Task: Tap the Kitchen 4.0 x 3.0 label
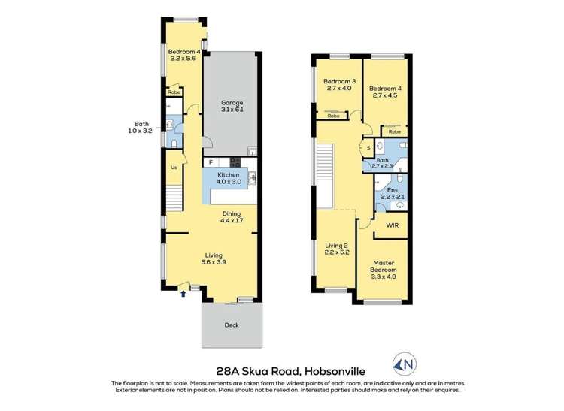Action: click(229, 177)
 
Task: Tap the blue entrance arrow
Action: click(182, 294)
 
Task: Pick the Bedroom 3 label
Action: click(339, 85)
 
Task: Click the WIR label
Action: click(392, 225)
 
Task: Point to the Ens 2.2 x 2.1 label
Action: click(392, 194)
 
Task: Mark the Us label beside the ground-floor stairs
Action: click(174, 168)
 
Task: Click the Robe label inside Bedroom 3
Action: click(333, 116)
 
